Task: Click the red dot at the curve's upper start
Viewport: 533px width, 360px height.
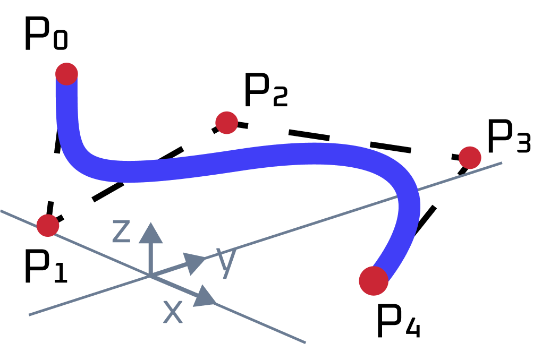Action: tap(66, 74)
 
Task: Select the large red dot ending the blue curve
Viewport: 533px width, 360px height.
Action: tap(374, 281)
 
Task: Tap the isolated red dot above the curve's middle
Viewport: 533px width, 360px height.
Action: tap(226, 123)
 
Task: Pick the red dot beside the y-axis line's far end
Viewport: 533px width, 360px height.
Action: tap(470, 158)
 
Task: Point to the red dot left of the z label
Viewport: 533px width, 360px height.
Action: tap(48, 226)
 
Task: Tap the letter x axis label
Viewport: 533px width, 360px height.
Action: tap(172, 312)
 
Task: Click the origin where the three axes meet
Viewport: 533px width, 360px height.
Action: tap(150, 276)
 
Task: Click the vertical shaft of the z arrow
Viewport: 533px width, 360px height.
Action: tap(150, 258)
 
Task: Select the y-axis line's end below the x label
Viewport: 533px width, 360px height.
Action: tap(30, 315)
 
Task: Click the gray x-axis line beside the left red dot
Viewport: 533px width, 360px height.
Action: tap(32, 224)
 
